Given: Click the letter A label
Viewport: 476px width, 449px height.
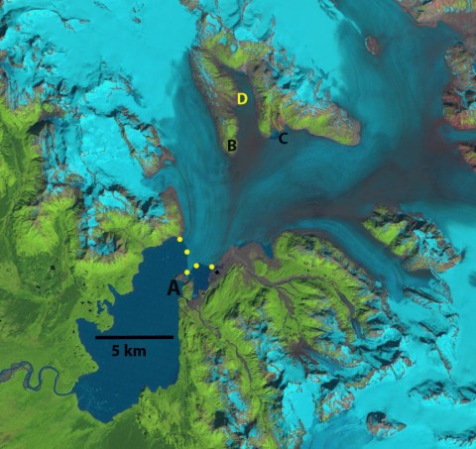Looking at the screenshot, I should [174, 288].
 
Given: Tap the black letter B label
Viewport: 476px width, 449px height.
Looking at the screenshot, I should [231, 147].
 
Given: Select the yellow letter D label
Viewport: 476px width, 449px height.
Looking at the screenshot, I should [242, 98].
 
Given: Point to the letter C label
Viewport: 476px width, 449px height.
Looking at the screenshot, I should [283, 139].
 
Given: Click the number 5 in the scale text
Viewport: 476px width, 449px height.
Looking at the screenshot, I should [116, 351].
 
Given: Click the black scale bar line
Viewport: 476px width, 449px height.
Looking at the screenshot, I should [134, 337].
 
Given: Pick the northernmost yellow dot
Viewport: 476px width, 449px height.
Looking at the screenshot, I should [179, 240].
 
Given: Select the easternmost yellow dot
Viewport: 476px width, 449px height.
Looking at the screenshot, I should [211, 267].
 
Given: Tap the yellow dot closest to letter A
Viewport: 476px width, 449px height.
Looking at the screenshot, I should [187, 272].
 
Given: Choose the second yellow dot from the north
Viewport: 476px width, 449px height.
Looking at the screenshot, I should [186, 253].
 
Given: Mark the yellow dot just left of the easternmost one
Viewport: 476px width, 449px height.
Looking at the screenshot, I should [197, 266].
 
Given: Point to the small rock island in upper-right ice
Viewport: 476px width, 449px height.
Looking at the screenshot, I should [373, 44].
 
